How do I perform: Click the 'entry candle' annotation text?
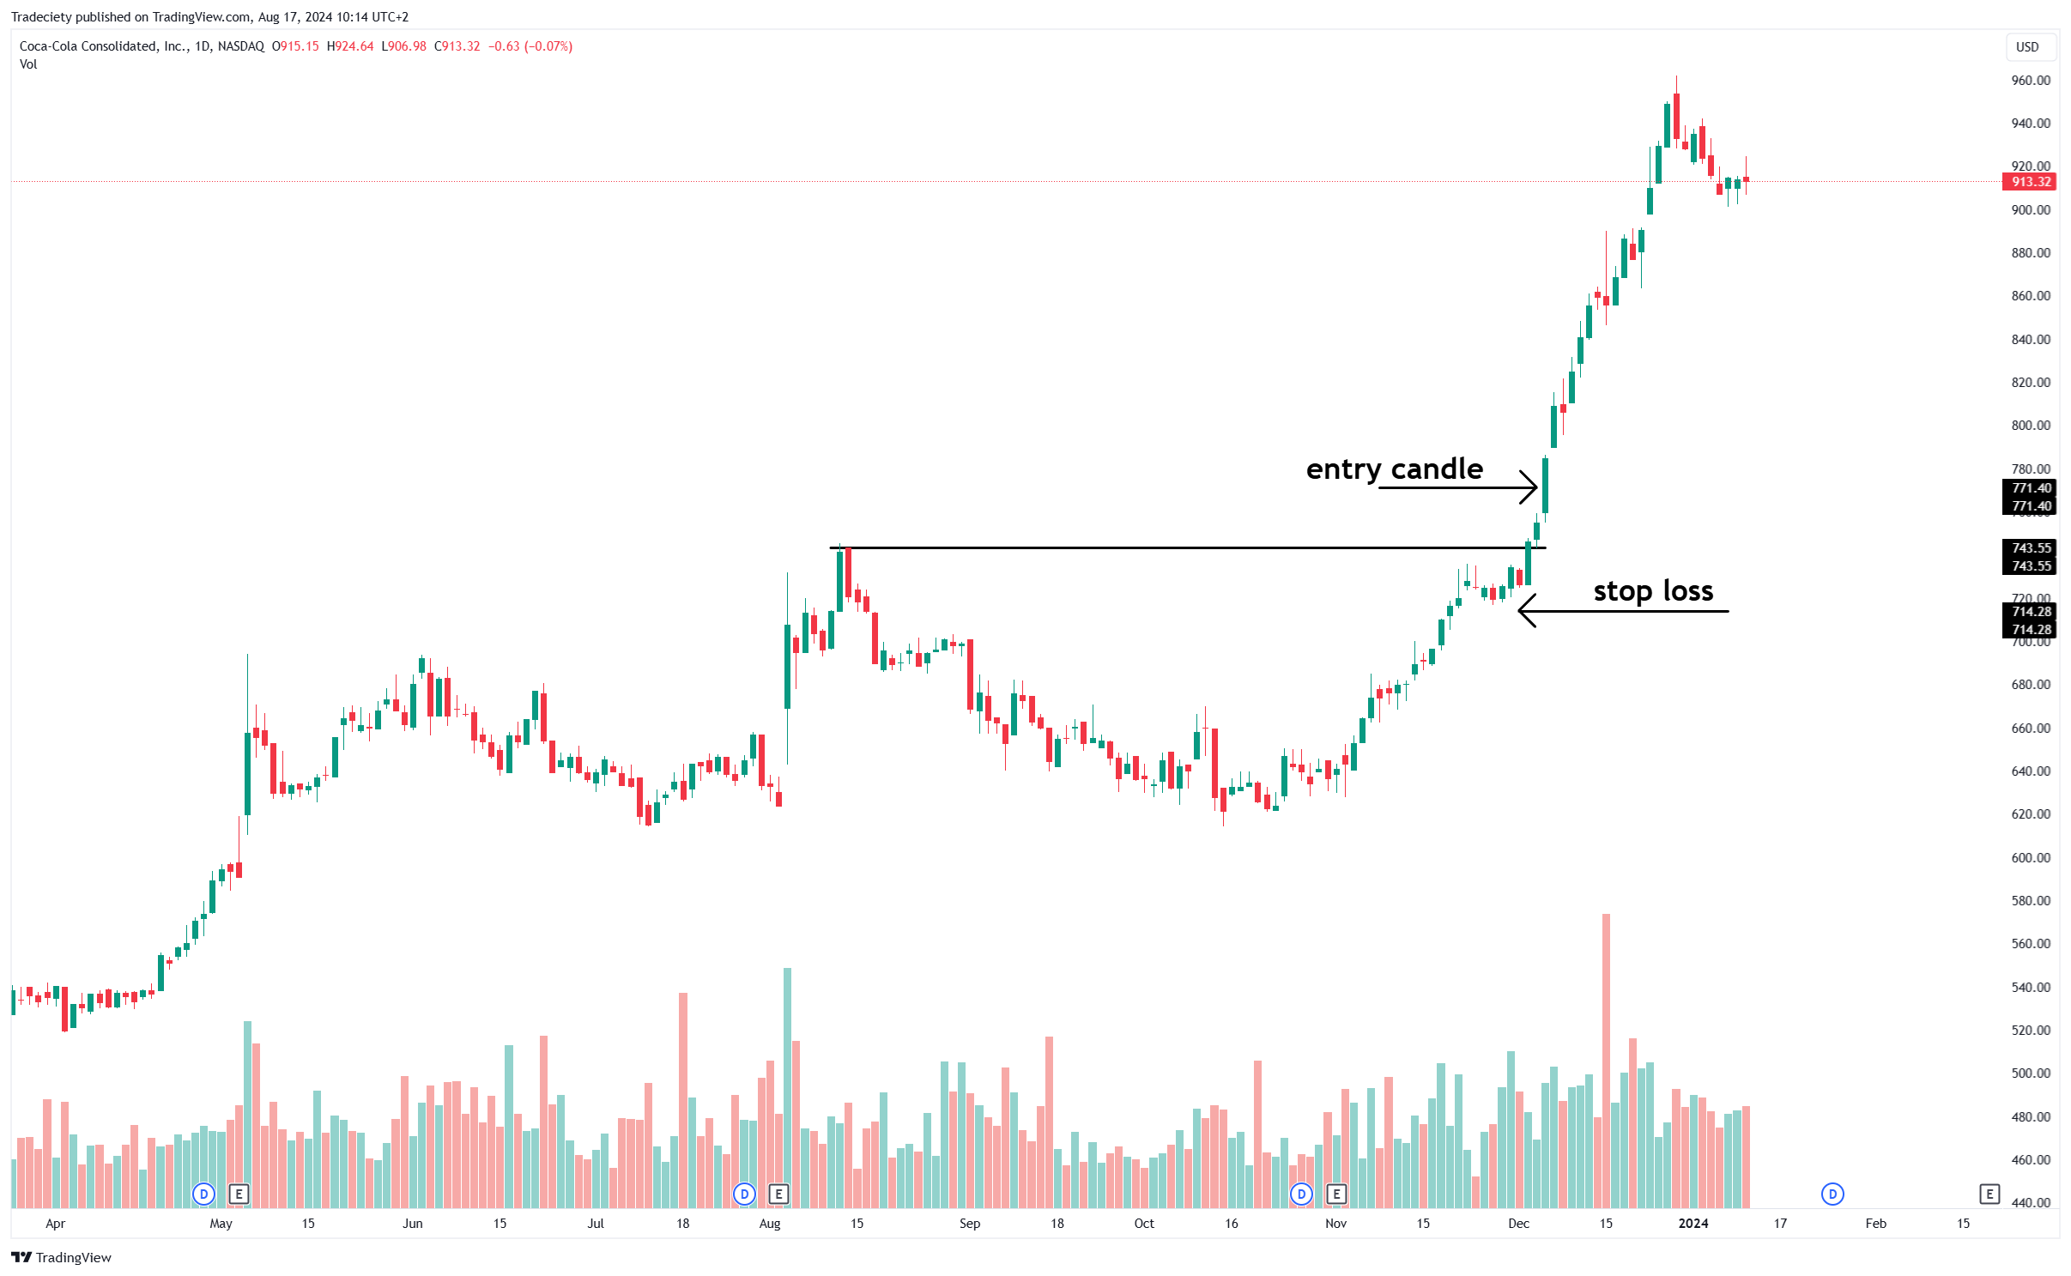(1394, 469)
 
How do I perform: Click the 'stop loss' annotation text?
(1652, 591)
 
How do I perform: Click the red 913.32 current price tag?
(2030, 182)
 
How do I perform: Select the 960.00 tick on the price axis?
(2030, 81)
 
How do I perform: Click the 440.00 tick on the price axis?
(2030, 1202)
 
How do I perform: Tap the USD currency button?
(2026, 47)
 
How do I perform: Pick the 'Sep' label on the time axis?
(969, 1224)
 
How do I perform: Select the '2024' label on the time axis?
(1693, 1224)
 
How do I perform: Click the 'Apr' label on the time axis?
(55, 1224)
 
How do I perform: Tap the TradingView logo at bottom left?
(62, 1257)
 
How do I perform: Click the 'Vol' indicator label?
(28, 64)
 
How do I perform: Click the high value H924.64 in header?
(350, 46)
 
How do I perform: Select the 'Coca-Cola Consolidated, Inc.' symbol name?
(102, 46)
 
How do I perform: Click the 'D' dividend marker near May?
(203, 1194)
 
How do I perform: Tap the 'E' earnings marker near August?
(778, 1194)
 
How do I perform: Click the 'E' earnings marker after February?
(1989, 1194)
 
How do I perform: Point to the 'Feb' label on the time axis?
(1875, 1224)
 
